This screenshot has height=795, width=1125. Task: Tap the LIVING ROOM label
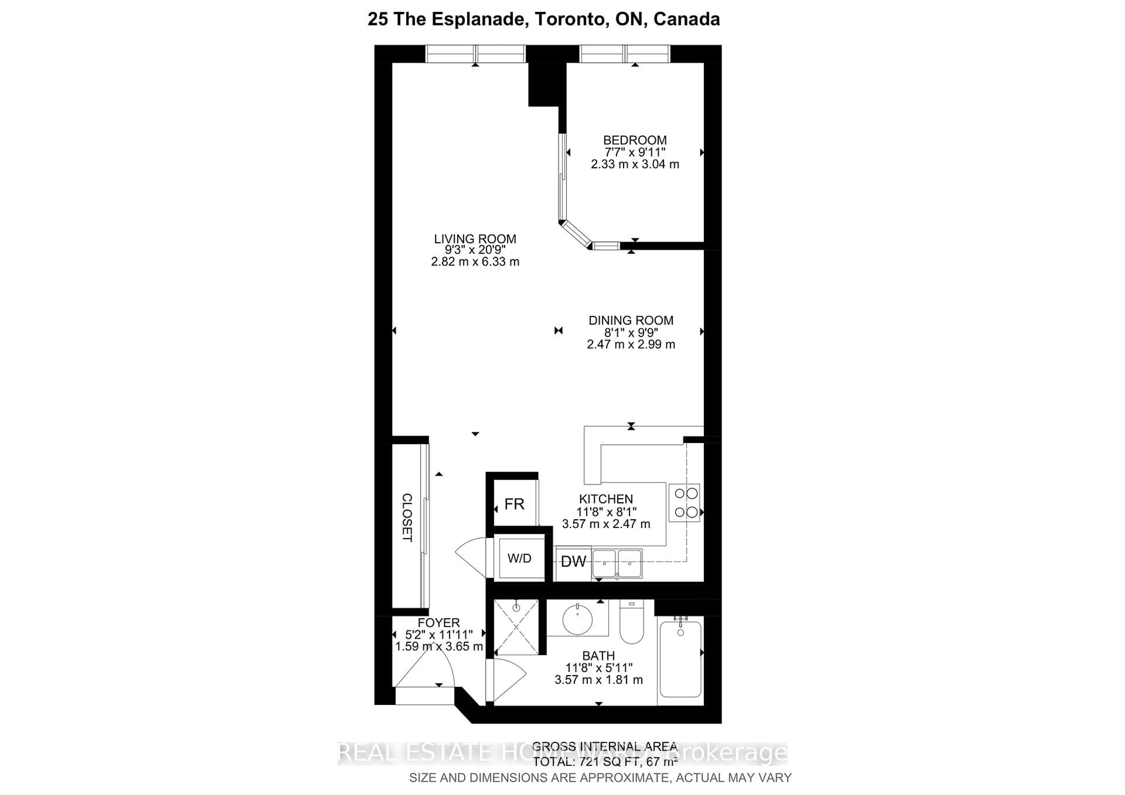click(x=475, y=239)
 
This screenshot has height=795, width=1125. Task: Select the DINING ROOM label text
click(x=630, y=320)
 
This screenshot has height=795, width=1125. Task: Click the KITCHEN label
click(x=606, y=499)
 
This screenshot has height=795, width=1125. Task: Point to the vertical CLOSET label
click(x=407, y=518)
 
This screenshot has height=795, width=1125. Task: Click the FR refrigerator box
click(x=514, y=504)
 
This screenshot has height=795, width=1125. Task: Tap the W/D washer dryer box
click(x=519, y=558)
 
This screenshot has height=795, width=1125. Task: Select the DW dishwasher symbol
click(x=573, y=562)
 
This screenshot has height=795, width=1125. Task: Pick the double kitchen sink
click(x=617, y=563)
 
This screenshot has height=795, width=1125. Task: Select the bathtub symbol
click(x=681, y=659)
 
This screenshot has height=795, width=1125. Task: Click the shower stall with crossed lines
click(x=516, y=627)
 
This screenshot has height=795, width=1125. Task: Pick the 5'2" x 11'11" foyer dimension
click(x=439, y=635)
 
